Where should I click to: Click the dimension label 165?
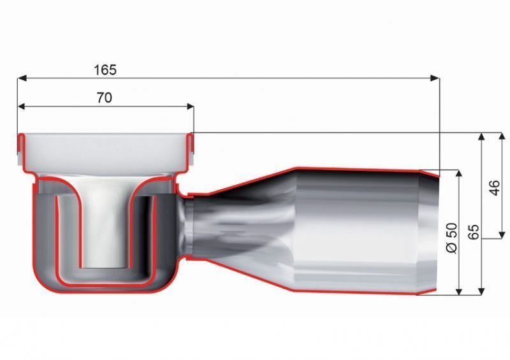click(x=105, y=70)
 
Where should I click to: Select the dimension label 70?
click(x=105, y=97)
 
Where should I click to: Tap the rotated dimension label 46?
click(x=494, y=187)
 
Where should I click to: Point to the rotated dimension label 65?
click(x=474, y=232)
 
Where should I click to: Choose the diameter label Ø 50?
click(x=451, y=238)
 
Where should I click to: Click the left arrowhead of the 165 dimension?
click(x=22, y=78)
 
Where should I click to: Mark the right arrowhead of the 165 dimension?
click(x=435, y=78)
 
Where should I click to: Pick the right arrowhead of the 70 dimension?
click(x=189, y=106)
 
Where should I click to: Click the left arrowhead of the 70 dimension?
click(x=22, y=106)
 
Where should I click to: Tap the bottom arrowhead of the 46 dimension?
click(x=502, y=234)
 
